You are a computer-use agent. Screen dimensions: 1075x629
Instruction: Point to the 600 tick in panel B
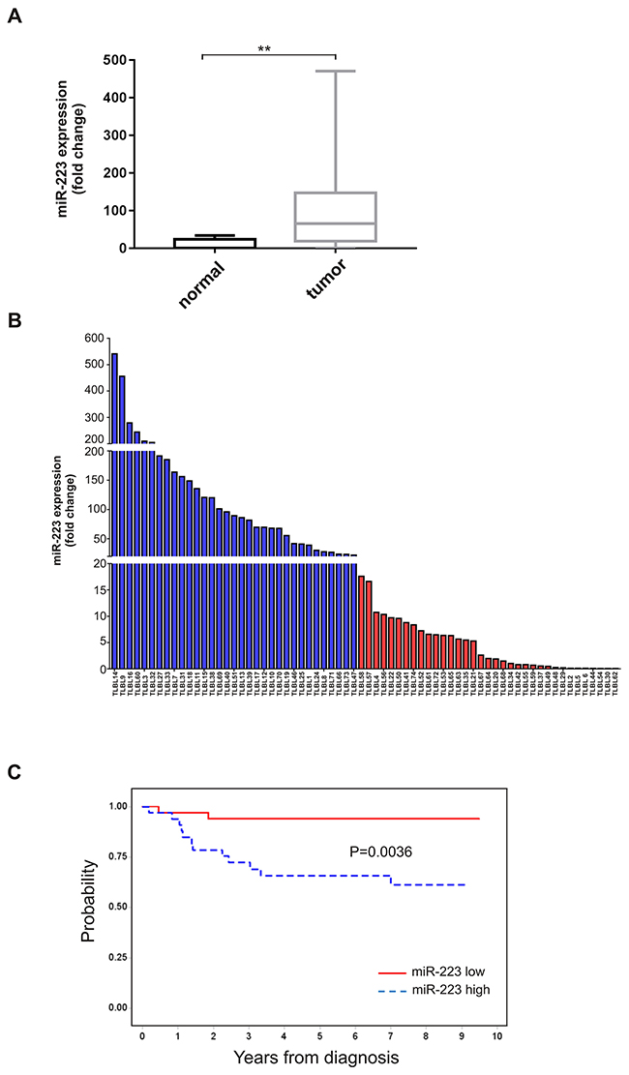tap(93, 338)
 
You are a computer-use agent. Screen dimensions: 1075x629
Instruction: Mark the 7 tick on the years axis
tap(391, 1034)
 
